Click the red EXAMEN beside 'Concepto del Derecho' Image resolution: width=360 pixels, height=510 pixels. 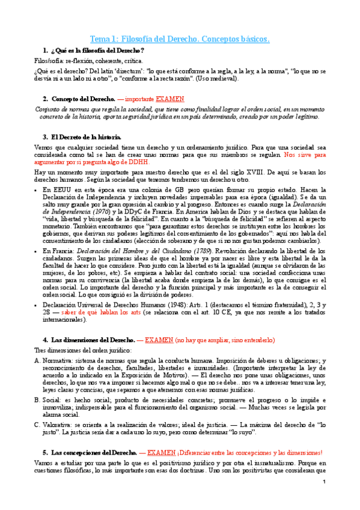tap(170, 99)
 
